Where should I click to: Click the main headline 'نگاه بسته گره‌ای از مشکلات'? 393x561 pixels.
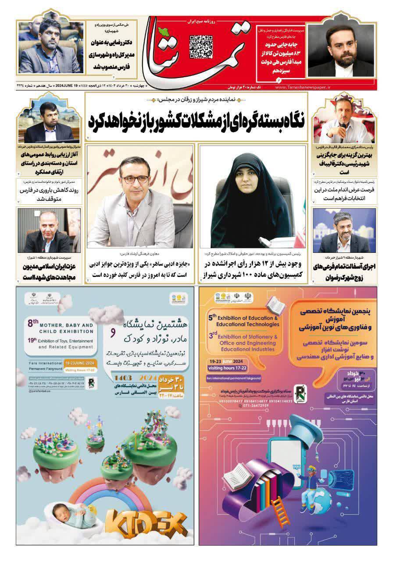[196, 119]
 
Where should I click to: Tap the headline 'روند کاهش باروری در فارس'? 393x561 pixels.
[50, 195]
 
